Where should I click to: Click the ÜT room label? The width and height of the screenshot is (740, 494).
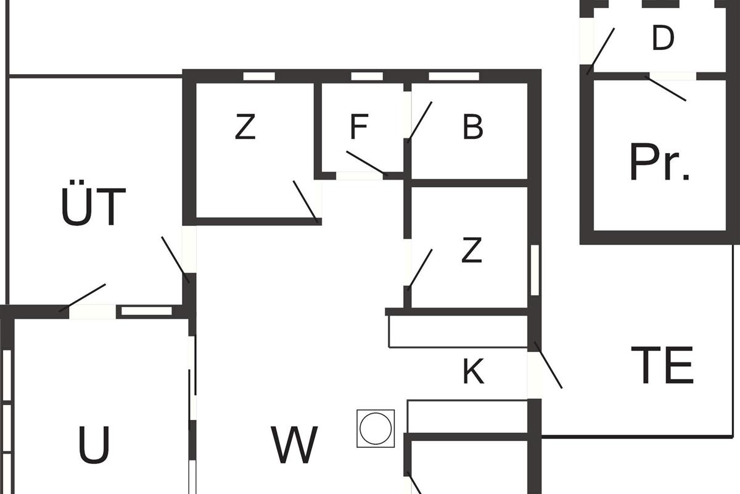tap(94, 203)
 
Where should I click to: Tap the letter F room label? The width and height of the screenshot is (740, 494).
tap(359, 127)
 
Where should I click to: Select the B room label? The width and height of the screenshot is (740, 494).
tap(473, 127)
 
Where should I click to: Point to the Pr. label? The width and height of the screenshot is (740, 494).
tap(659, 162)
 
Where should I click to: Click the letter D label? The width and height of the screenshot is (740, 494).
tap(663, 38)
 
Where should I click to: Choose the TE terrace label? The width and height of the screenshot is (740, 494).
tap(662, 365)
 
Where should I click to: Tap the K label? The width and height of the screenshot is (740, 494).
tap(474, 371)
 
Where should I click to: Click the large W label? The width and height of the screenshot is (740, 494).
tap(294, 445)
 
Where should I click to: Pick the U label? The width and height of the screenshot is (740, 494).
tap(94, 445)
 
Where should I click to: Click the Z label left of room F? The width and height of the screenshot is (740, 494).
tap(245, 127)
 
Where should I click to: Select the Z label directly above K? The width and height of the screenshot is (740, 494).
tap(471, 250)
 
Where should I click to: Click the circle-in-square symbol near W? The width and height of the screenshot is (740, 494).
tap(376, 429)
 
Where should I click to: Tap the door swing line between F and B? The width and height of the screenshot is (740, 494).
tap(420, 122)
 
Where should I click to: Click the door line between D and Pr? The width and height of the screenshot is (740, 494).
tap(665, 88)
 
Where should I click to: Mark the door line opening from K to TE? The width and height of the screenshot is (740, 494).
tap(548, 365)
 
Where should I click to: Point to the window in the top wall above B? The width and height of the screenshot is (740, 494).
tap(454, 77)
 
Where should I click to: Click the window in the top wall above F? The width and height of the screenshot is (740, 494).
tap(367, 77)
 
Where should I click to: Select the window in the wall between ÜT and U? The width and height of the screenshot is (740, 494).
tap(147, 311)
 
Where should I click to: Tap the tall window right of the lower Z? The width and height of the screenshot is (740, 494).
tap(535, 270)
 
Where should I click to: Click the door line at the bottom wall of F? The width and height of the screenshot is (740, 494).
tap(367, 164)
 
